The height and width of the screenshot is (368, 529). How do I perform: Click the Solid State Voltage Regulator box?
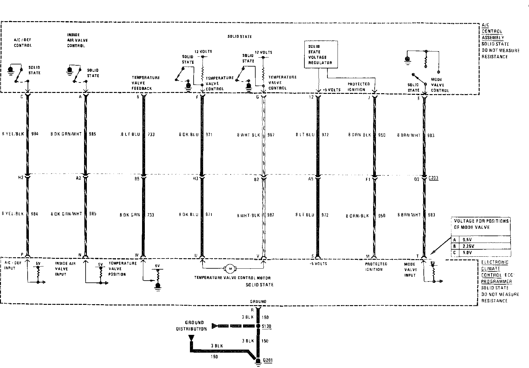click(320, 55)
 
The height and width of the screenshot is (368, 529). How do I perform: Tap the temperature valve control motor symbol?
click(230, 269)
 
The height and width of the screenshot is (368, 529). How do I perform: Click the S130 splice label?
click(267, 326)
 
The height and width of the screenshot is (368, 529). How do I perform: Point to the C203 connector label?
click(433, 178)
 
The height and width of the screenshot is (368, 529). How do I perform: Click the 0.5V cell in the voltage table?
click(467, 240)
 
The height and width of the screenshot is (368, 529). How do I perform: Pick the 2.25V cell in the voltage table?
click(468, 246)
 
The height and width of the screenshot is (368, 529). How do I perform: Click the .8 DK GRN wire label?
click(130, 215)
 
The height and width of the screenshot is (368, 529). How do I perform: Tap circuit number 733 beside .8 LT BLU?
click(151, 135)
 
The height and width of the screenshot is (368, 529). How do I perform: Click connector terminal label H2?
click(21, 178)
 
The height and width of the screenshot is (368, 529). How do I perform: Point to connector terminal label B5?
click(137, 179)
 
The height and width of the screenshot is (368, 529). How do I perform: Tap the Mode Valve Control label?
click(440, 85)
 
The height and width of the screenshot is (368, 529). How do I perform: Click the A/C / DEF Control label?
click(23, 43)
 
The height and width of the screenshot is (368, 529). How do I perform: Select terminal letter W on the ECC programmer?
click(137, 255)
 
